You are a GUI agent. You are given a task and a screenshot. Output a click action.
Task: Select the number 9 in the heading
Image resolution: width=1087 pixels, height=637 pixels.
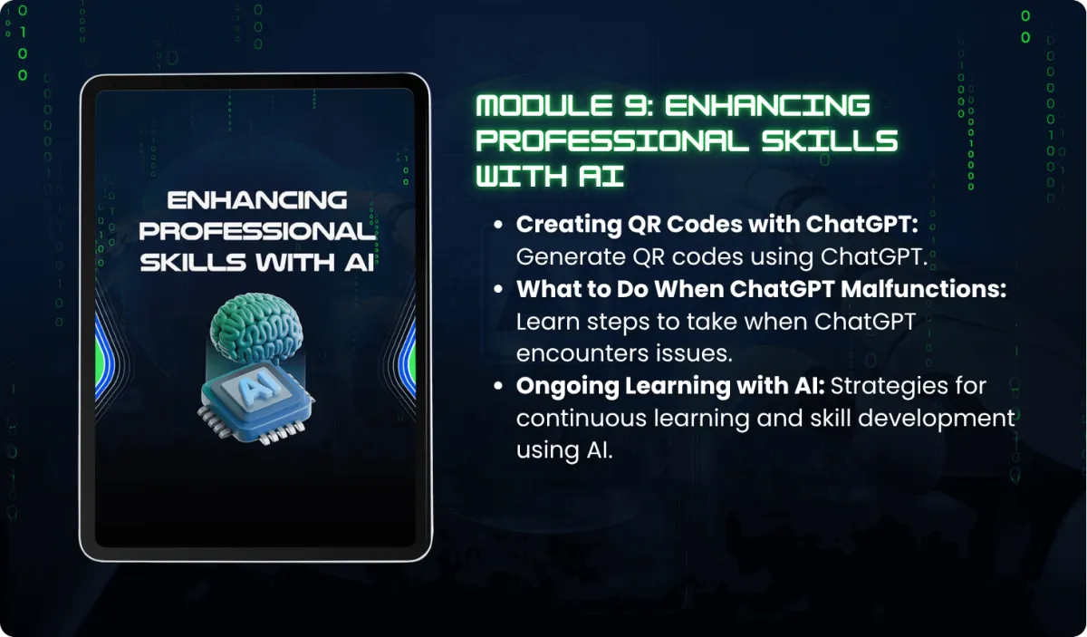click(635, 105)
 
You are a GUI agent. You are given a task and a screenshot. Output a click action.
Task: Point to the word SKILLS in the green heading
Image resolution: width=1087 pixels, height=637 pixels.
click(830, 140)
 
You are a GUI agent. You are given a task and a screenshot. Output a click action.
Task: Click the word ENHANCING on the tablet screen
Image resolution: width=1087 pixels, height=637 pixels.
click(257, 200)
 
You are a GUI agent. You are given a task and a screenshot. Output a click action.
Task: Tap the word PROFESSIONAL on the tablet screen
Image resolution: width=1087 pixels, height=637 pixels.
click(257, 232)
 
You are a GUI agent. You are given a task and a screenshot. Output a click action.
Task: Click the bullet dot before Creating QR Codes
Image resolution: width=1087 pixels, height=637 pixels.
click(498, 225)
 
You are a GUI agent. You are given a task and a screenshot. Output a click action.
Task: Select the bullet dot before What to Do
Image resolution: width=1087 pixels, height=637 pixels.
click(498, 289)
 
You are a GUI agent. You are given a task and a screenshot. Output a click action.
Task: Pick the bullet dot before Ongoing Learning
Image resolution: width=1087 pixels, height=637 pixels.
click(498, 386)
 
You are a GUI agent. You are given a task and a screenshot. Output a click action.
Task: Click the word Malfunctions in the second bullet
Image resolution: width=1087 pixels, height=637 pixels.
click(923, 289)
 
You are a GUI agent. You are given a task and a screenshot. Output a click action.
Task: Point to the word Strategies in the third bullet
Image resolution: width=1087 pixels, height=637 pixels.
click(889, 387)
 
